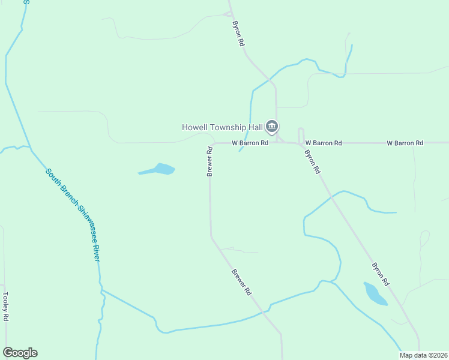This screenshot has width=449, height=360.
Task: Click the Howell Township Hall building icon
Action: tap(271, 126)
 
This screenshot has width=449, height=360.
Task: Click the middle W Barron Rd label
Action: tap(323, 143)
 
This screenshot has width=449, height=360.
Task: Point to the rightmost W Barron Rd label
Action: tap(405, 143)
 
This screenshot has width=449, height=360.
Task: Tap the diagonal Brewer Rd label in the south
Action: tap(241, 282)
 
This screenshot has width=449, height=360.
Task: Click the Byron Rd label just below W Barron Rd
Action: tap(312, 161)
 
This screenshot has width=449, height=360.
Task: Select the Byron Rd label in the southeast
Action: tap(381, 274)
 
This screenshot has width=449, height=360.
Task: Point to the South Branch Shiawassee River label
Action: tap(73, 214)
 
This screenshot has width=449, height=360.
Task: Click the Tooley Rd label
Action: tap(5, 307)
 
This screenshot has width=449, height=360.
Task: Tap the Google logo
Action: tap(20, 353)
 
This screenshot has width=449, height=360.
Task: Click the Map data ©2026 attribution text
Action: tap(423, 355)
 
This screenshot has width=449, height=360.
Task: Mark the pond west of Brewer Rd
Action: tap(160, 169)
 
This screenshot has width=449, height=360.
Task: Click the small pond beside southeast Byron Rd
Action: tap(375, 294)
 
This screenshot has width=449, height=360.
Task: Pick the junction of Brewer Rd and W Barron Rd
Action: tap(211, 143)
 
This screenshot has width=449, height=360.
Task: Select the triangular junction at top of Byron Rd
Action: tap(227, 13)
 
